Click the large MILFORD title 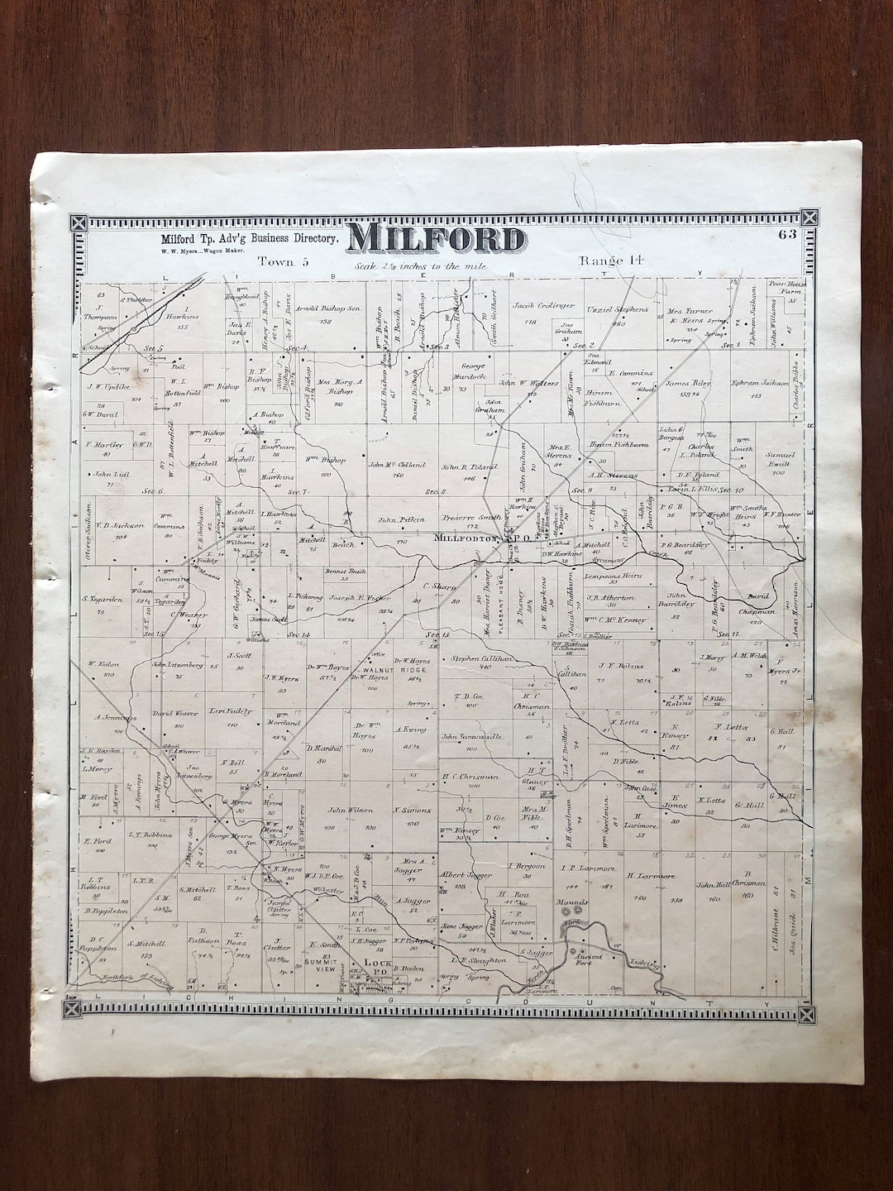point(436,239)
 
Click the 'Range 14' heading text point(611,261)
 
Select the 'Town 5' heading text point(282,261)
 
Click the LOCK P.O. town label point(377,964)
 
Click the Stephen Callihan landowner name point(482,659)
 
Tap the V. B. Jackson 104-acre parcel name point(120,524)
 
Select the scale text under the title point(421,267)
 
